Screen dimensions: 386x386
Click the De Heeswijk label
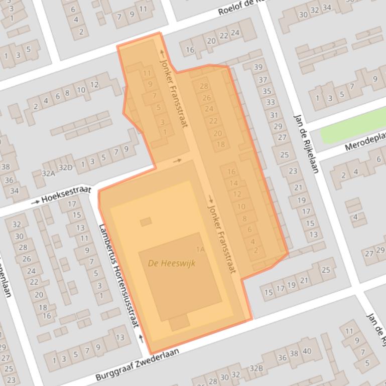click(172, 263)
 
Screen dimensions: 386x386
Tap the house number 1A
click(200, 249)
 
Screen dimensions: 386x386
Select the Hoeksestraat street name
click(66, 195)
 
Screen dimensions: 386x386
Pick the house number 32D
click(65, 167)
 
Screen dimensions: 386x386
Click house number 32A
click(48, 173)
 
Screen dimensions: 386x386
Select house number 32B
click(256, 369)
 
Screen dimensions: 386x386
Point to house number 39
click(258, 67)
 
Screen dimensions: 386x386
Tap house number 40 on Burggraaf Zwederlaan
click(307, 351)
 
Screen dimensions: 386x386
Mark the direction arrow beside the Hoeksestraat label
click(35, 202)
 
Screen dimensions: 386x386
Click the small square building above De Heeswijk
click(146, 222)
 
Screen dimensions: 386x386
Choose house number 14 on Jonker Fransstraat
click(234, 183)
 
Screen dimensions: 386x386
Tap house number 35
click(267, 91)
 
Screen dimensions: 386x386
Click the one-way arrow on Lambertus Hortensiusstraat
click(141, 339)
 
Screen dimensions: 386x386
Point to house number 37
click(263, 80)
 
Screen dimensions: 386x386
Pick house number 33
click(271, 102)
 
